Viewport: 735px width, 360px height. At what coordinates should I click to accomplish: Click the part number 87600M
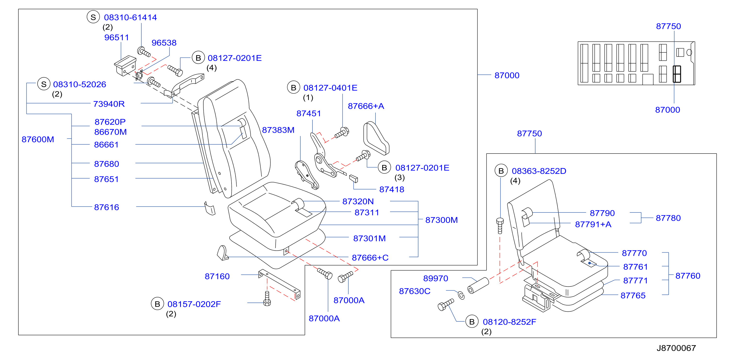coord(38,139)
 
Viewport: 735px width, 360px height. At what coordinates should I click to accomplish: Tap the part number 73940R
coord(109,104)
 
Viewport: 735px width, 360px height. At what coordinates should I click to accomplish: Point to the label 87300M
coord(441,220)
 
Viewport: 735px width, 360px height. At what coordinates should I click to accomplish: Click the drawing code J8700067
coord(676,348)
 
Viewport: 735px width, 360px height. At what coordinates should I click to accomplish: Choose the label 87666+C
coord(370,258)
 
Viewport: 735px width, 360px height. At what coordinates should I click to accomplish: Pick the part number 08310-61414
coord(130,17)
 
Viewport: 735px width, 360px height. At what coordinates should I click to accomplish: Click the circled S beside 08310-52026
coord(44,84)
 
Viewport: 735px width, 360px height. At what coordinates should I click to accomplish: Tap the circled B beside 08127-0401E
coord(294,88)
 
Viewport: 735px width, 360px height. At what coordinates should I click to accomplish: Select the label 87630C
coord(415,291)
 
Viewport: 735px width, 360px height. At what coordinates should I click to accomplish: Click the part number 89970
coord(436,278)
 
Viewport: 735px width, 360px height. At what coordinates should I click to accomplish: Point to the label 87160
coord(217,276)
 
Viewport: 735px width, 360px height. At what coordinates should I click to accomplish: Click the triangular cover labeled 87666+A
coord(376,139)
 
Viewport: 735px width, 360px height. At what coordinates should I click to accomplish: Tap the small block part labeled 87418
coord(353,179)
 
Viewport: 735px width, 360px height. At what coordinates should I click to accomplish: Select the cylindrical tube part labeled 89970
coord(478,285)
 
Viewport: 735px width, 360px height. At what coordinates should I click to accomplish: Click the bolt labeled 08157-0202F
coord(267,298)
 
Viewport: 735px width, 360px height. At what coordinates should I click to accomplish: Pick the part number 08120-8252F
coord(509,322)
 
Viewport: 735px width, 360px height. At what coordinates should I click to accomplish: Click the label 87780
coord(668,218)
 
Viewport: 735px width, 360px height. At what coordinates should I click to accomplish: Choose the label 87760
coord(688,276)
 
